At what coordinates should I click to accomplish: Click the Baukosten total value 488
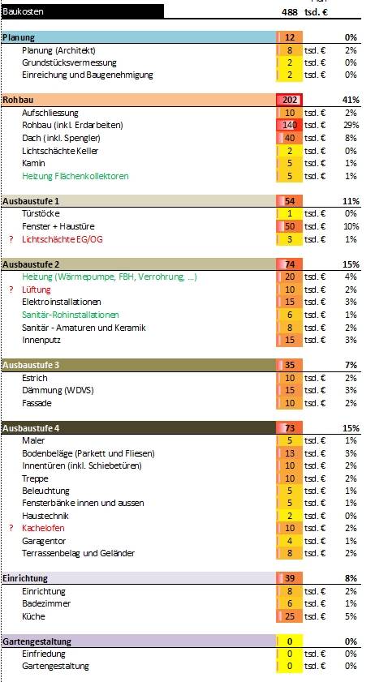[290, 12]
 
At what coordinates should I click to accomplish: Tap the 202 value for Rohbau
[290, 100]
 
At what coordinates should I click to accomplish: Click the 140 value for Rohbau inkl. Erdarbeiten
[290, 125]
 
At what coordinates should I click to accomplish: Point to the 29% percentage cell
[351, 125]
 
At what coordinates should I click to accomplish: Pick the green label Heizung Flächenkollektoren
[75, 176]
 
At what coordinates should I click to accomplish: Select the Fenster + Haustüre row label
[58, 226]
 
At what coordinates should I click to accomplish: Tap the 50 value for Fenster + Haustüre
[290, 226]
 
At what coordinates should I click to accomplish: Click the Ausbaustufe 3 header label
[31, 365]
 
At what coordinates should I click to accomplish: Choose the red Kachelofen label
[43, 528]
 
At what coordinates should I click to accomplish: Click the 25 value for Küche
[290, 616]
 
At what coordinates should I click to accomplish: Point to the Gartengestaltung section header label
[37, 641]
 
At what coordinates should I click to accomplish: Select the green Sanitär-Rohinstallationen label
[71, 315]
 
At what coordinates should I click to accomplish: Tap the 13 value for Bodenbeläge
[290, 453]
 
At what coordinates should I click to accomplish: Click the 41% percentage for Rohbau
[351, 100]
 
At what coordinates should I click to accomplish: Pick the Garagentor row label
[44, 541]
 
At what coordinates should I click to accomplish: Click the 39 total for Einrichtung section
[290, 578]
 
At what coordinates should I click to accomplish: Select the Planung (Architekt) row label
[58, 50]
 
